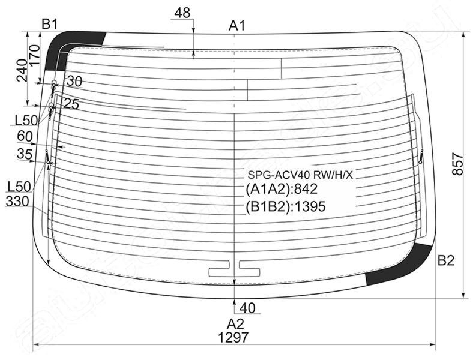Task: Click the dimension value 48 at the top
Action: tap(182, 13)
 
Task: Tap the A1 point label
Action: tap(237, 26)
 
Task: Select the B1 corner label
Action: tap(50, 24)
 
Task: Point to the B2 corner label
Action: tap(446, 260)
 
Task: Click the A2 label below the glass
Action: tap(235, 324)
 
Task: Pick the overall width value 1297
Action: tap(233, 337)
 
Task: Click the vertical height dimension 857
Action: tap(457, 164)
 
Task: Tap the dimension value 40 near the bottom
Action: tap(248, 308)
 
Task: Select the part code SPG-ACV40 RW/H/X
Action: tap(300, 175)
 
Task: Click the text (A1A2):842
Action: tap(282, 189)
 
